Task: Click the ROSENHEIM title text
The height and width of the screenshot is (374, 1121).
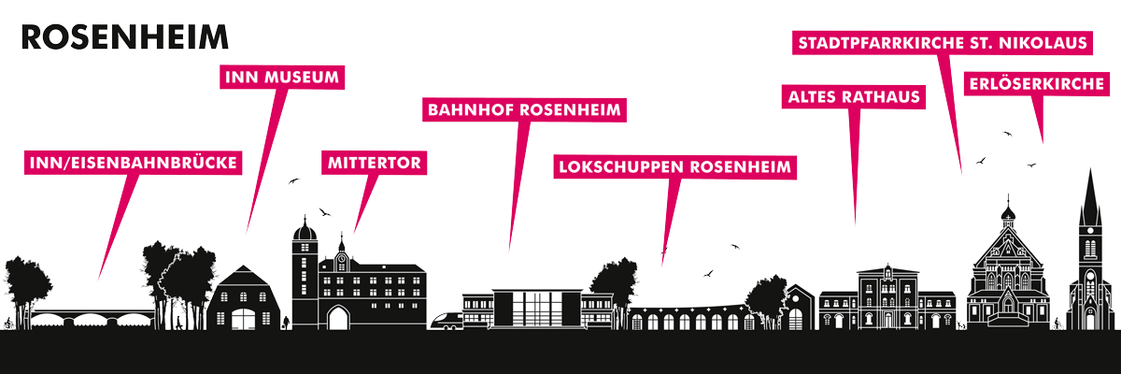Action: [125, 37]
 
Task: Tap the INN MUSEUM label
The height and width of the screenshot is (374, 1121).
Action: [282, 77]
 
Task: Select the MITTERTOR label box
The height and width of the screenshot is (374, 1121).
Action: [375, 163]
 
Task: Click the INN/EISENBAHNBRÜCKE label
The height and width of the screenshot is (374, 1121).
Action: [133, 163]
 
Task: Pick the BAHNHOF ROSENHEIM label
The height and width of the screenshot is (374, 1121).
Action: [524, 109]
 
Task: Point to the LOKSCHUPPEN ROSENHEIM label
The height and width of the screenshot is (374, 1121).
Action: [675, 166]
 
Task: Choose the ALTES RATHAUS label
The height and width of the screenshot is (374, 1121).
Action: [854, 96]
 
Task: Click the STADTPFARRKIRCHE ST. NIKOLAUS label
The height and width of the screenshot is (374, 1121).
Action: [943, 43]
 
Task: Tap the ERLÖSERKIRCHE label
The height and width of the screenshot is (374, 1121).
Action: [1037, 83]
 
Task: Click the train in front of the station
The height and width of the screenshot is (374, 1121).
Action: [447, 321]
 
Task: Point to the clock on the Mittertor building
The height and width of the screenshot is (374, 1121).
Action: [341, 259]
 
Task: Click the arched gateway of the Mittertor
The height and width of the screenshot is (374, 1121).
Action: [338, 319]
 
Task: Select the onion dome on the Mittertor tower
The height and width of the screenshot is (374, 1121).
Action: [305, 232]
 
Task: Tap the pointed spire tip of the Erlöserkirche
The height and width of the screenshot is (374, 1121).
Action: [1090, 170]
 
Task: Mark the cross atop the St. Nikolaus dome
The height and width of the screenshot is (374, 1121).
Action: [1008, 199]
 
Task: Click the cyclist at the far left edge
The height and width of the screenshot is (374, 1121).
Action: [8, 324]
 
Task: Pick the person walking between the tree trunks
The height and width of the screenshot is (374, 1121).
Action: [178, 323]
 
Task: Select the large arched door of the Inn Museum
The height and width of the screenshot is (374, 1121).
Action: [243, 319]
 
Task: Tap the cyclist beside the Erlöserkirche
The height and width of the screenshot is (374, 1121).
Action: [1057, 324]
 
